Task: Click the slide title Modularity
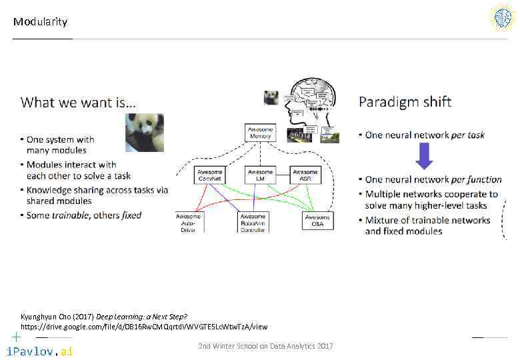pyautogui.click(x=40, y=22)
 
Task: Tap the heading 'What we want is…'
pyautogui.click(x=78, y=102)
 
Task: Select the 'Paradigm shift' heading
pyautogui.click(x=405, y=101)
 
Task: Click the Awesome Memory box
pyautogui.click(x=260, y=132)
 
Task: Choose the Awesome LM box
pyautogui.click(x=260, y=175)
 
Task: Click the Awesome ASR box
pyautogui.click(x=305, y=175)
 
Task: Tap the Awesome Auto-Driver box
pyautogui.click(x=188, y=222)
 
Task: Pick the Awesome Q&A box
pyautogui.click(x=317, y=221)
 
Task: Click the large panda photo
pyautogui.click(x=145, y=133)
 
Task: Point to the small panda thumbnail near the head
pyautogui.click(x=271, y=97)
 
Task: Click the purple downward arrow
pyautogui.click(x=424, y=157)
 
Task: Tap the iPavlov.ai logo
pyautogui.click(x=39, y=351)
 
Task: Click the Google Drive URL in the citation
pyautogui.click(x=144, y=327)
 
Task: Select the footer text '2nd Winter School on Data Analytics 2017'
pyautogui.click(x=266, y=346)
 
